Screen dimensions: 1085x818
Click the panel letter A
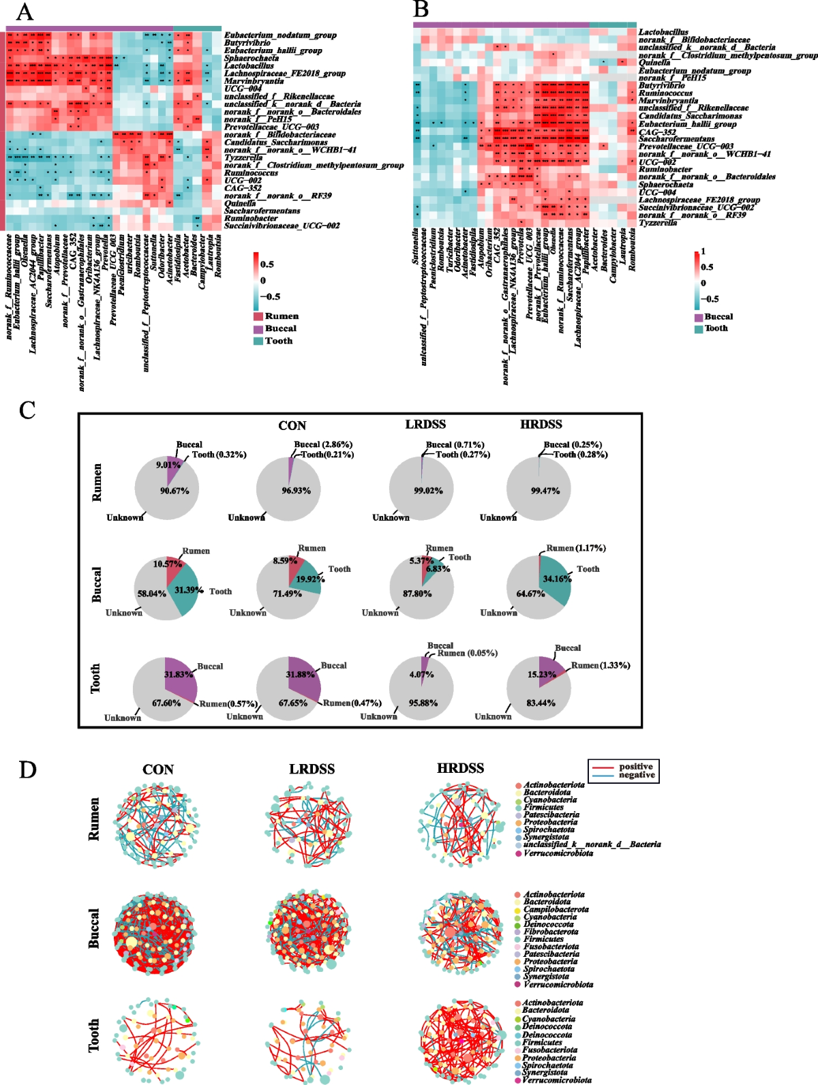pyautogui.click(x=25, y=12)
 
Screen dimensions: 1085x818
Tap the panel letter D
pyautogui.click(x=28, y=769)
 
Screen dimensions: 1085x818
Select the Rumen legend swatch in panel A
pyautogui.click(x=258, y=316)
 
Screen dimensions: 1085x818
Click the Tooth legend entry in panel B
pyautogui.click(x=716, y=328)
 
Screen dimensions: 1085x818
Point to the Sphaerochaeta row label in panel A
pyautogui.click(x=251, y=58)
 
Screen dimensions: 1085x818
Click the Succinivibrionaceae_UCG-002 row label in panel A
pyautogui.click(x=282, y=226)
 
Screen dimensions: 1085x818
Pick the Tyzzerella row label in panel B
pyautogui.click(x=658, y=223)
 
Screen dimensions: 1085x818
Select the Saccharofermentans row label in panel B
pyautogui.click(x=676, y=139)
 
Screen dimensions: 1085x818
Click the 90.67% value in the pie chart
pyautogui.click(x=175, y=491)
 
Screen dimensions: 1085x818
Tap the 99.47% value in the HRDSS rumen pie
pyautogui.click(x=545, y=491)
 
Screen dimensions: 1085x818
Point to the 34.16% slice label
pyautogui.click(x=557, y=579)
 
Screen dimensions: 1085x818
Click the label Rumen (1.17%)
pyautogui.click(x=576, y=548)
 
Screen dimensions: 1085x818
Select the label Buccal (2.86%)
pyautogui.click(x=323, y=444)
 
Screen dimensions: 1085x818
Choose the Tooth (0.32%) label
pyautogui.click(x=219, y=455)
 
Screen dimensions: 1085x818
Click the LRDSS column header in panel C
pyautogui.click(x=425, y=425)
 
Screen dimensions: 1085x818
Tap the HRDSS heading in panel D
pyautogui.click(x=460, y=769)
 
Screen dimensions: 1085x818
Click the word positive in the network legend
pyautogui.click(x=636, y=767)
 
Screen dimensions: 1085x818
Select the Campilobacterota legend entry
pyautogui.click(x=556, y=909)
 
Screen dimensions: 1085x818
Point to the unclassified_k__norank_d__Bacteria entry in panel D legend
pyautogui.click(x=592, y=844)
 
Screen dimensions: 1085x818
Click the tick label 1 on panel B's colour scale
pyautogui.click(x=703, y=251)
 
